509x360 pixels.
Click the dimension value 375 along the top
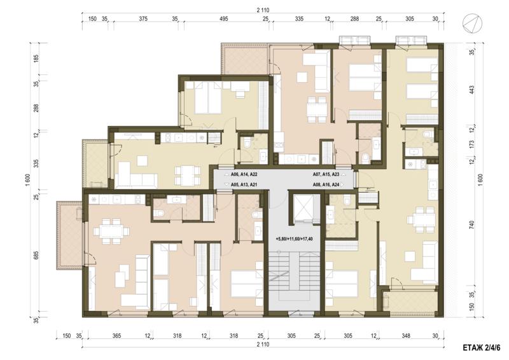coord(143,19)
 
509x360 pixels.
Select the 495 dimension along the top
coord(224,19)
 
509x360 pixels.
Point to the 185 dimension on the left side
coord(36,59)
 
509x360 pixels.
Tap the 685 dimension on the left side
coord(36,256)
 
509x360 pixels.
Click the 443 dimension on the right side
coord(472,90)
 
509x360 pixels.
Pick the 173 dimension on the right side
coord(472,144)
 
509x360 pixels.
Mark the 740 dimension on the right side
coord(472,225)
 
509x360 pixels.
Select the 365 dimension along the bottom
coord(116,336)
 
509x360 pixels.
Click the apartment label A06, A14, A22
coord(244,175)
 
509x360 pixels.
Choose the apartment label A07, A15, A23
coord(326,175)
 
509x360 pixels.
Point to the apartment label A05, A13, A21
coord(244,184)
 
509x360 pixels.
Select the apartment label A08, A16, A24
coord(326,184)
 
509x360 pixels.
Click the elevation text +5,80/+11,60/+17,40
coord(294,239)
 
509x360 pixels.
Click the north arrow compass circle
coord(472,24)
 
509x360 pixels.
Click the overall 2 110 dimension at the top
coord(263,10)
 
